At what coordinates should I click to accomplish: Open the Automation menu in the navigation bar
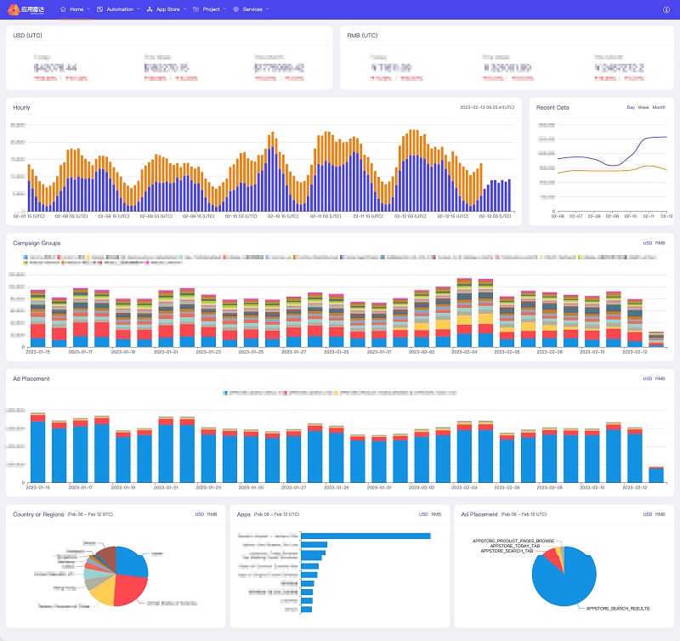(x=118, y=9)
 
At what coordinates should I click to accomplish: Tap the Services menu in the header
(x=252, y=9)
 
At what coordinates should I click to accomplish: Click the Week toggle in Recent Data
(x=643, y=108)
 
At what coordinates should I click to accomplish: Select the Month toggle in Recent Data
(x=659, y=108)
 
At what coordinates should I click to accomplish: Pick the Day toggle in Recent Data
(x=631, y=108)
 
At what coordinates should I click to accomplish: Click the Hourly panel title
(x=22, y=108)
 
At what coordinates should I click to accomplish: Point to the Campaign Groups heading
(x=37, y=243)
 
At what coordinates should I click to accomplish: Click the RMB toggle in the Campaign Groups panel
(x=660, y=243)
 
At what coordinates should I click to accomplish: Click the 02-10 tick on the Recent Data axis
(x=630, y=216)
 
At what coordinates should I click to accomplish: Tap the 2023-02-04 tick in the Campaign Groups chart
(x=464, y=351)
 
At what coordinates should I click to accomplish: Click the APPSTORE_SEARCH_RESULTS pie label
(x=615, y=610)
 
